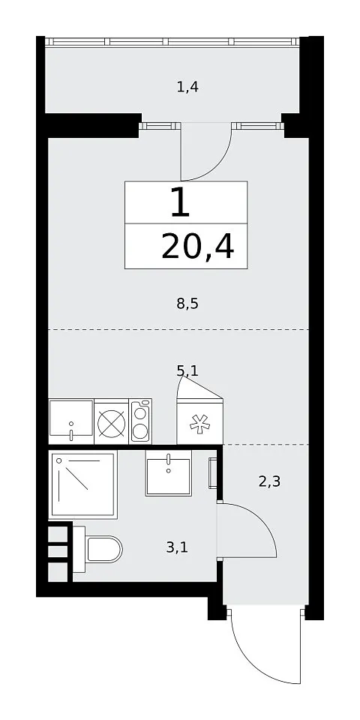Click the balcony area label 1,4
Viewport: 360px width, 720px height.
click(x=187, y=86)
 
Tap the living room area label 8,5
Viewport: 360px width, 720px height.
click(x=187, y=303)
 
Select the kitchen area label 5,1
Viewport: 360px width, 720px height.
click(x=187, y=370)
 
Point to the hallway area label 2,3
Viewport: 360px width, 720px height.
click(x=269, y=481)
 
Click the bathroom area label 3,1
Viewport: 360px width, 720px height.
click(x=177, y=547)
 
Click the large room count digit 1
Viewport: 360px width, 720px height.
click(x=180, y=202)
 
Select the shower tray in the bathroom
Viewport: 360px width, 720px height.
click(x=83, y=484)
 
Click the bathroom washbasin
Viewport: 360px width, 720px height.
click(x=169, y=472)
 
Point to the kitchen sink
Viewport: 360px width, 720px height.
click(x=71, y=421)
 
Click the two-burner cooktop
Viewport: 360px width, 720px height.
click(x=140, y=421)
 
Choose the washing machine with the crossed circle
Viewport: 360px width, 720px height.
click(x=112, y=421)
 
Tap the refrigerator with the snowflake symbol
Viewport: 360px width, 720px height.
click(x=199, y=421)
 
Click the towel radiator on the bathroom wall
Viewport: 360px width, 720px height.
click(x=213, y=473)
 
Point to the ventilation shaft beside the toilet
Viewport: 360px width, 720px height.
click(x=60, y=552)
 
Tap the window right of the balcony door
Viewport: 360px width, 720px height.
click(x=256, y=126)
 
